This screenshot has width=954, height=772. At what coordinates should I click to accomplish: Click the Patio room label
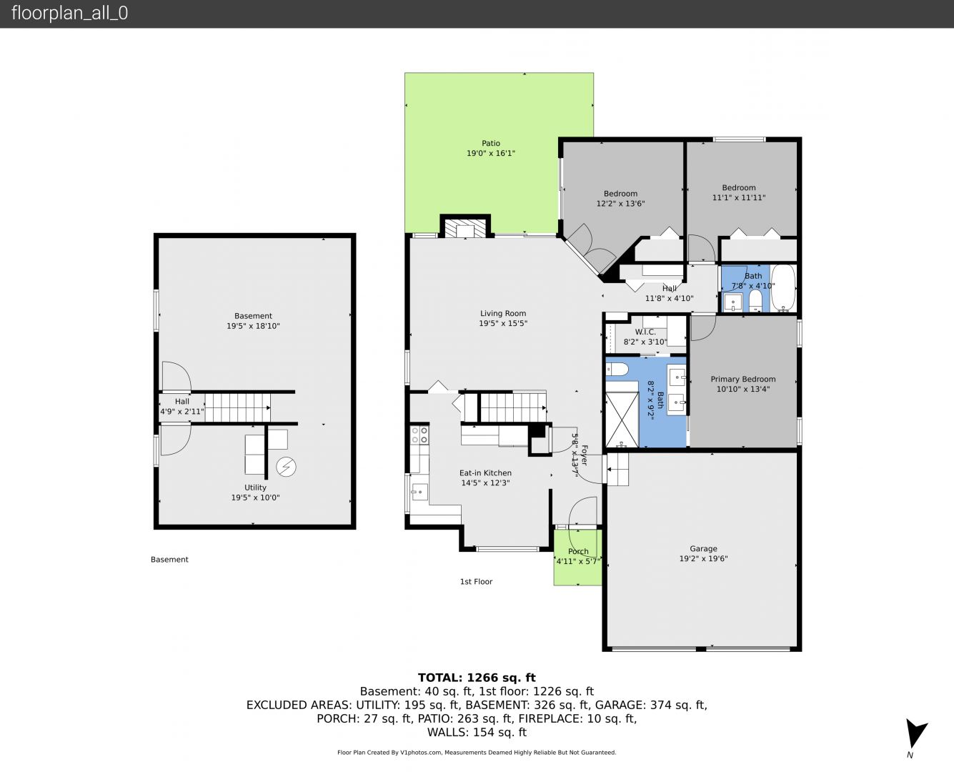click(x=491, y=144)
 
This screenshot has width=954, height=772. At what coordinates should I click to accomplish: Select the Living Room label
click(x=503, y=314)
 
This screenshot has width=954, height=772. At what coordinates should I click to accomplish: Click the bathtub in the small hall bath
click(x=783, y=287)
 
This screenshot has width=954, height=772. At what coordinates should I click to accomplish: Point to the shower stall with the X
click(x=622, y=420)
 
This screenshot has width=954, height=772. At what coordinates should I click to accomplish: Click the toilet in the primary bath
click(x=617, y=369)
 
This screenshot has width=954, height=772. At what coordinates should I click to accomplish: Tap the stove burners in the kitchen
click(x=419, y=435)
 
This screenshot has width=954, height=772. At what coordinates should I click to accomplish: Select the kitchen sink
click(x=419, y=492)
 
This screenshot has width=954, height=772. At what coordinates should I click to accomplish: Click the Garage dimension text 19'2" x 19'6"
click(x=703, y=559)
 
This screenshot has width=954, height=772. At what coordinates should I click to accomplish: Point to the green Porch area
click(x=578, y=558)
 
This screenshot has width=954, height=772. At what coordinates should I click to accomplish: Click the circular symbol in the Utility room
click(x=286, y=467)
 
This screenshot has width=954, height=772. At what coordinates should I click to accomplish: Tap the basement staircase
click(x=238, y=407)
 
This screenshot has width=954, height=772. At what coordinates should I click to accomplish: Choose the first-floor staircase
click(x=513, y=407)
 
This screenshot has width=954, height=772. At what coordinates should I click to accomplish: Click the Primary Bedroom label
click(x=743, y=379)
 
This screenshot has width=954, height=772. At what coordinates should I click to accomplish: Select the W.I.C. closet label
click(x=645, y=332)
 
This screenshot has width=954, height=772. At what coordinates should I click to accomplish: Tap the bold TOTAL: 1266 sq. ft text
click(x=477, y=678)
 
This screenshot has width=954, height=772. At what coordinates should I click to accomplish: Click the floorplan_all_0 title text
click(x=70, y=13)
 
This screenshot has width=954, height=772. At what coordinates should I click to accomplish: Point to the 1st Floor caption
click(x=476, y=582)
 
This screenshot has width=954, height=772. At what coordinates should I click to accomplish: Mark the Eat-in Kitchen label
click(x=485, y=473)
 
